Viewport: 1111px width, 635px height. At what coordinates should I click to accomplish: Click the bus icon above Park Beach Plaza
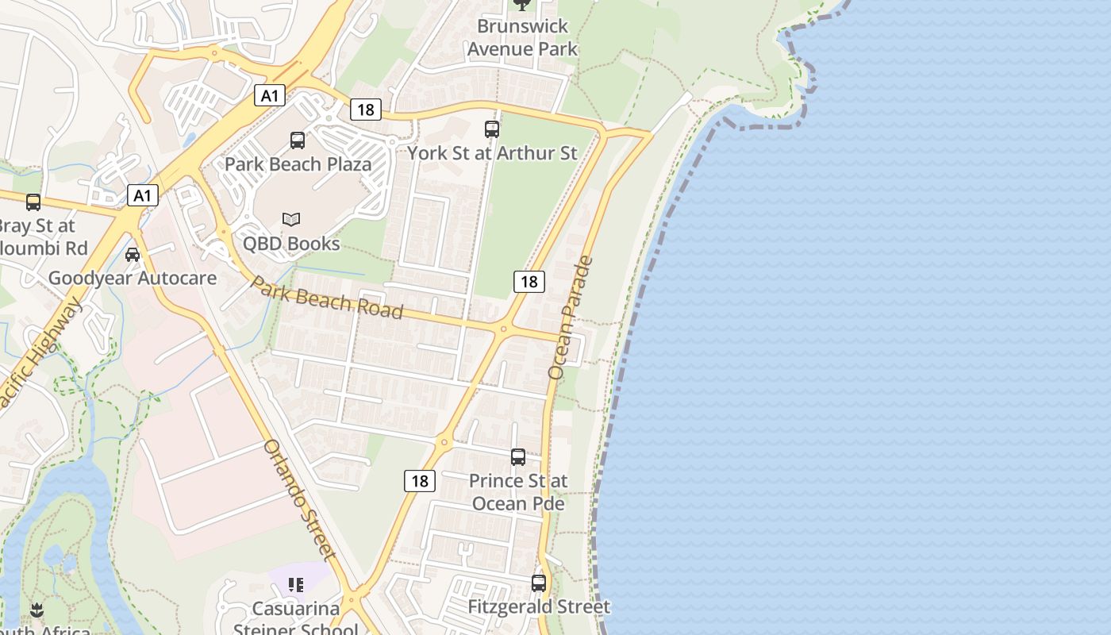[298, 140]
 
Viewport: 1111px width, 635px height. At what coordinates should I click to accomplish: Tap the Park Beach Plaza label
[298, 164]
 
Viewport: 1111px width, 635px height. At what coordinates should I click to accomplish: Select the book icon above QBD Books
[291, 219]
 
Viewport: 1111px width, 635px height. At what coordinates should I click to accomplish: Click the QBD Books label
[291, 244]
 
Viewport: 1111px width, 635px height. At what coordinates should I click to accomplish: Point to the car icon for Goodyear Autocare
[133, 255]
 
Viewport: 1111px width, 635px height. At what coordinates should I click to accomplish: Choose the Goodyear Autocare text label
[133, 279]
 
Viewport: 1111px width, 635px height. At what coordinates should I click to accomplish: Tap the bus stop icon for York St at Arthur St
[492, 129]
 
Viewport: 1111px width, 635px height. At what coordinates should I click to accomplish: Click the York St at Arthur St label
[492, 153]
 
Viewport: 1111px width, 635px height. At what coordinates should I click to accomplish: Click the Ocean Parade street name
[571, 317]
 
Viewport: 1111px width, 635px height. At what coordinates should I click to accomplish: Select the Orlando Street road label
[300, 499]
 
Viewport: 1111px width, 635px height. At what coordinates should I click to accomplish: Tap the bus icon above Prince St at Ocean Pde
[518, 457]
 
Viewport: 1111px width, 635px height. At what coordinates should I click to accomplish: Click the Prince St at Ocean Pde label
[518, 492]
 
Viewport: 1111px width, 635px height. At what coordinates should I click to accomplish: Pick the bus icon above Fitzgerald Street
[539, 583]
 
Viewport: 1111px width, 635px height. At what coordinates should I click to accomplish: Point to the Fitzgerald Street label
[539, 607]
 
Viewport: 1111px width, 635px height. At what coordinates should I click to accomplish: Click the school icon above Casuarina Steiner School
[296, 586]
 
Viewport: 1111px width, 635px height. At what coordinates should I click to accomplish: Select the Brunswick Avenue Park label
[522, 37]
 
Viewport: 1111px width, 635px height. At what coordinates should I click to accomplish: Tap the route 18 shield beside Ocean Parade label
[529, 281]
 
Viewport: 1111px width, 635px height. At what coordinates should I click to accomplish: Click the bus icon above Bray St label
[33, 202]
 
